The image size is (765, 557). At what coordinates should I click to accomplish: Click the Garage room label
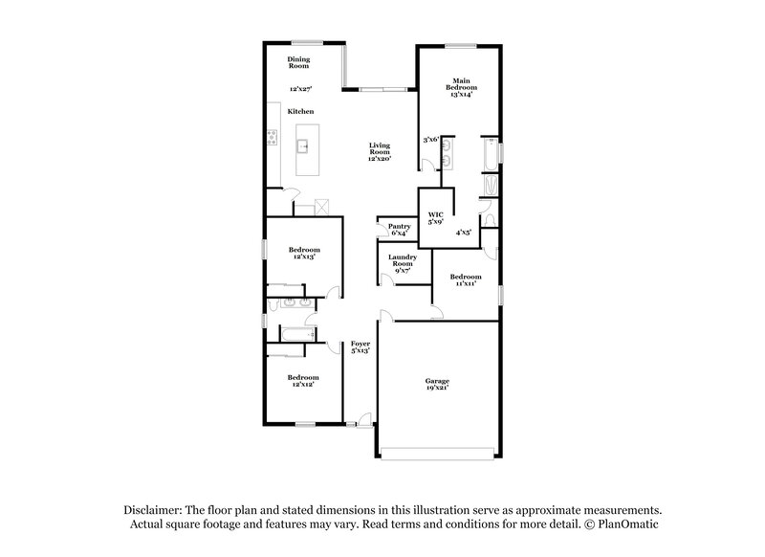(437, 381)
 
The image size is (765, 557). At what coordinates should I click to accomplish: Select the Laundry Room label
(401, 260)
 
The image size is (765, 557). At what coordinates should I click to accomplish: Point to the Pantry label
(399, 226)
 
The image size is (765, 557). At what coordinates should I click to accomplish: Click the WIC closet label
(436, 215)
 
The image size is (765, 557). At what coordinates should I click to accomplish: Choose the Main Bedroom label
(461, 84)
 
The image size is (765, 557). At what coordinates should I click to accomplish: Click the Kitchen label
(301, 112)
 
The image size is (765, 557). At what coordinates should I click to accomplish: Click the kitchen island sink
(303, 146)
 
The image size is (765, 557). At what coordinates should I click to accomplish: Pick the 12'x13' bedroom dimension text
(304, 256)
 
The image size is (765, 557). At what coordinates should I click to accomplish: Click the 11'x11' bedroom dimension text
(466, 282)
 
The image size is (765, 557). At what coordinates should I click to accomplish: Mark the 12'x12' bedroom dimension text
(303, 385)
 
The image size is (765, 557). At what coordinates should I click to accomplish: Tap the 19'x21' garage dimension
(437, 388)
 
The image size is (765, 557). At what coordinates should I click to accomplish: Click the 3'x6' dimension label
(430, 140)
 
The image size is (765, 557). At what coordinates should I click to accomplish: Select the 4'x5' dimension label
(463, 231)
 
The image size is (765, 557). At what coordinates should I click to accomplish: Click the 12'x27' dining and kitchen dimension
(302, 89)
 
